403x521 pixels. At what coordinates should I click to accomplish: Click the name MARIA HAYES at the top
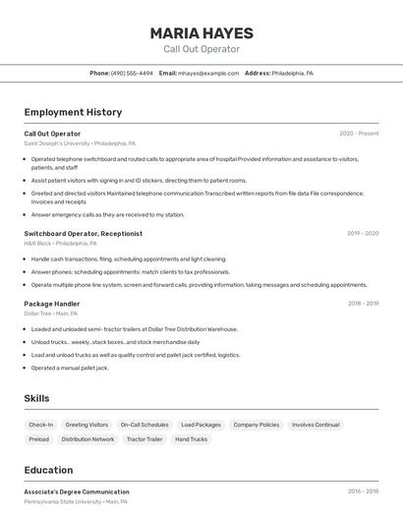201,32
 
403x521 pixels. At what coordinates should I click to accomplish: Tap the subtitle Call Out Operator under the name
201,49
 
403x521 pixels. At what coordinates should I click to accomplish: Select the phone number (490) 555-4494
132,73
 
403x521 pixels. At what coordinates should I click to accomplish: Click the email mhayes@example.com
208,73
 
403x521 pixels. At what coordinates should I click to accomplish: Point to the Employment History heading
73,112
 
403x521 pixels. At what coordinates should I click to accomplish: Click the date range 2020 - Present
359,134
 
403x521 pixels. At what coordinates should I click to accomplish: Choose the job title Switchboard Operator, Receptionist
84,234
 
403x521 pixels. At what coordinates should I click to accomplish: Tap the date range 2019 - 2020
363,234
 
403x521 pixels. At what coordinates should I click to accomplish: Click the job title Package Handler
52,304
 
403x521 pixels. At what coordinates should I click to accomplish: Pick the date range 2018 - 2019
363,304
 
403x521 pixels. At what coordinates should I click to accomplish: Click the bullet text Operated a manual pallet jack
70,368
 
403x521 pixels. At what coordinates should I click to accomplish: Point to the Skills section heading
37,398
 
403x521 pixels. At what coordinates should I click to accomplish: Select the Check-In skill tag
41,425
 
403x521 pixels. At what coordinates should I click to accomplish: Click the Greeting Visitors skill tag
86,425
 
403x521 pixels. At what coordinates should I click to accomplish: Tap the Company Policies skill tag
256,425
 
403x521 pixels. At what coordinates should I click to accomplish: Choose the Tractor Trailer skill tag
144,439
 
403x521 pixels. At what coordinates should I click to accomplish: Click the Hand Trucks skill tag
191,439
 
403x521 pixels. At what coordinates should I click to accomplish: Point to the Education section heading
49,470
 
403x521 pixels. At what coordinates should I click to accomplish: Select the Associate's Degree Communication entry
77,492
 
